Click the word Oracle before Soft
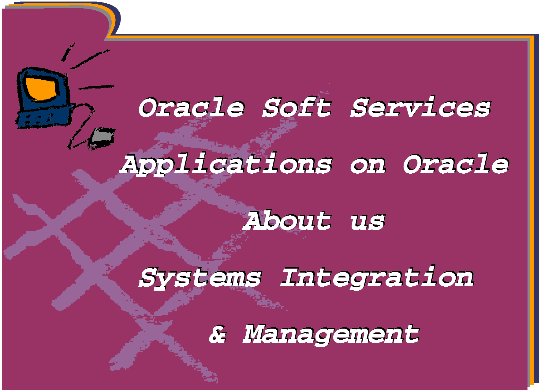tap(192, 107)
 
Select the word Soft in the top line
tap(297, 107)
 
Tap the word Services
tap(421, 107)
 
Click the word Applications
tap(226, 165)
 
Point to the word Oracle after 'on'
tap(456, 164)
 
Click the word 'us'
tap(368, 222)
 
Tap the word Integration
tap(377, 277)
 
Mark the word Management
tap(331, 334)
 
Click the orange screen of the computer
tap(41, 89)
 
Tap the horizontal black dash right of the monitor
tap(97, 87)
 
